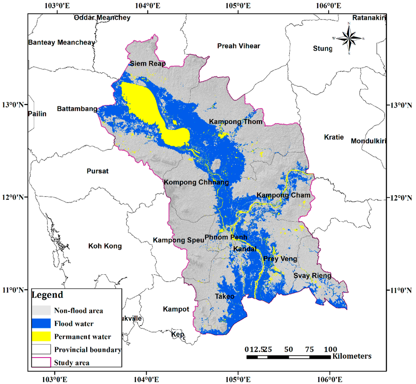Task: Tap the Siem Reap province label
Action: (147, 64)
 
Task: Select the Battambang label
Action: (77, 109)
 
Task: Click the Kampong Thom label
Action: (236, 122)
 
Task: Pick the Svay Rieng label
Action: (312, 276)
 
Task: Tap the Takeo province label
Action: (225, 296)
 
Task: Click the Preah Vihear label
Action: (238, 46)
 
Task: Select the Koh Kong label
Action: (105, 246)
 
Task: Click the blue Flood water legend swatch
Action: (41, 324)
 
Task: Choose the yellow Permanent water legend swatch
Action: (41, 337)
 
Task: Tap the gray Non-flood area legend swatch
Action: (41, 311)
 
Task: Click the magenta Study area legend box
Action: (41, 362)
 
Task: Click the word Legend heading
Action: (48, 295)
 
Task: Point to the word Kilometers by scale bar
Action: (352, 356)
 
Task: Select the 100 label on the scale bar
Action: (331, 349)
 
